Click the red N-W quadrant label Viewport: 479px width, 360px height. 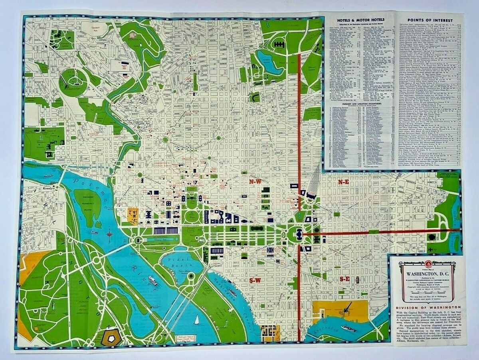[255, 182]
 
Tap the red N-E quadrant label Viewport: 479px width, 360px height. [344, 182]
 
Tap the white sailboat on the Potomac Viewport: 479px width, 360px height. [196, 320]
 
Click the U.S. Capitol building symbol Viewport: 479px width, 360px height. [299, 233]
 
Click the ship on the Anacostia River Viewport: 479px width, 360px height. [348, 328]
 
